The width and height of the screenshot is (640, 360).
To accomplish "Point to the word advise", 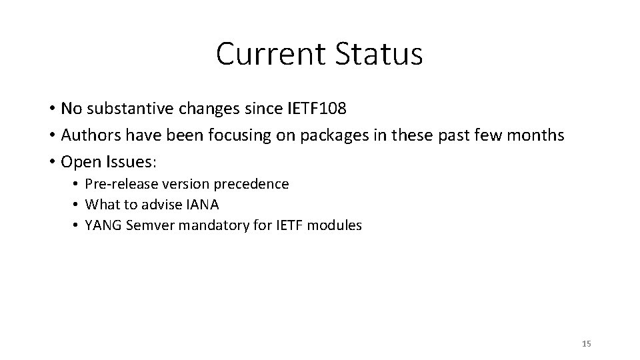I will click(161, 204).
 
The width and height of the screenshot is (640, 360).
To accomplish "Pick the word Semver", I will click(147, 225).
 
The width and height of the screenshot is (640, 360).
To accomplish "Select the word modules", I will click(336, 225).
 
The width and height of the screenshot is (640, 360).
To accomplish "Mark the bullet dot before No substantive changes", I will click(51, 109).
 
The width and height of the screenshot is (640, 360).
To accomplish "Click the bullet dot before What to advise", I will click(77, 205).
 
